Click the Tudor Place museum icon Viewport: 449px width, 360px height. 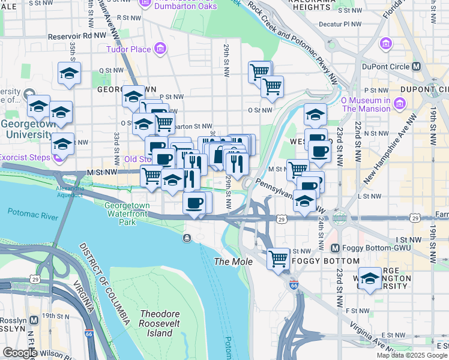coord(160,48)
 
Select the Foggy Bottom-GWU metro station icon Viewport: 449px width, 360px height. coord(335,248)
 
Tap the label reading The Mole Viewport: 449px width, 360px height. coord(231,262)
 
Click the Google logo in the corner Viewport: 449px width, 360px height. coord(19,353)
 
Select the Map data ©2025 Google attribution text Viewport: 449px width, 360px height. coord(412,355)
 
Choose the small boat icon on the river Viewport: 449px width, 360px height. coord(187,239)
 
